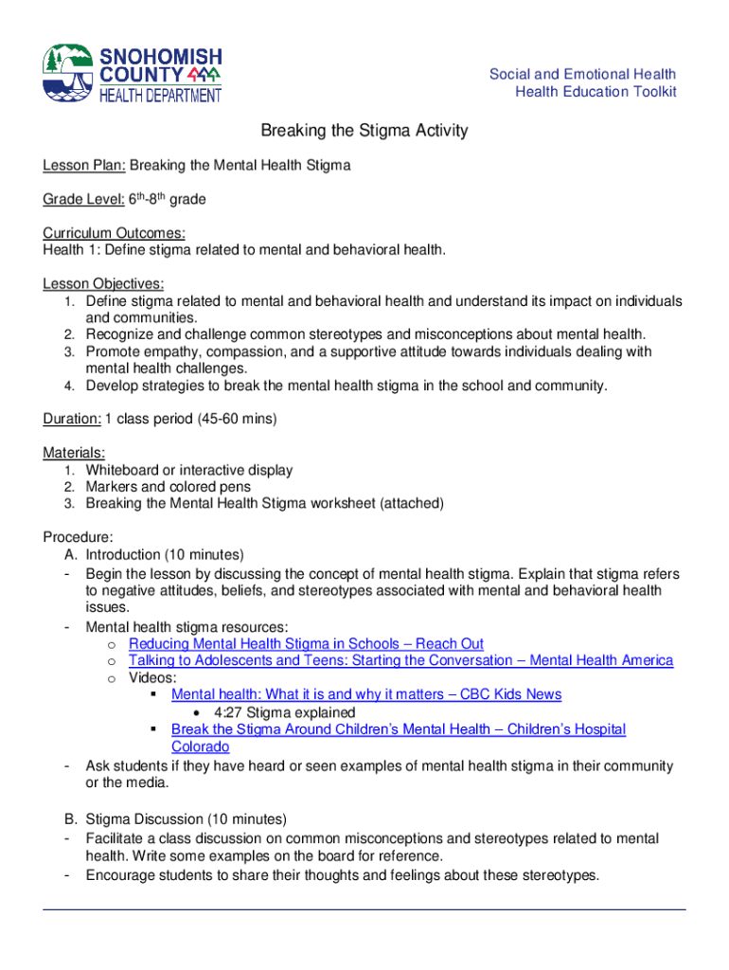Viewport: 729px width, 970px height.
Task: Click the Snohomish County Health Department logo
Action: (x=132, y=73)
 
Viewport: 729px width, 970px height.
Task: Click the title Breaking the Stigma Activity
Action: (x=364, y=131)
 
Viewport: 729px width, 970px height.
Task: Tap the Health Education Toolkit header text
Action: (x=596, y=91)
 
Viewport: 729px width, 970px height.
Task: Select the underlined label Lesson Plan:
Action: (x=84, y=165)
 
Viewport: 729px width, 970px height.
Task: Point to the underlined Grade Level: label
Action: (x=83, y=200)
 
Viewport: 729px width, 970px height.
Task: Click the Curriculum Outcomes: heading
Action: (x=114, y=233)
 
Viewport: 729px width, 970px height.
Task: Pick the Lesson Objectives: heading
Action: (x=103, y=284)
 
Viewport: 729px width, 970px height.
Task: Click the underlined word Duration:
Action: (x=72, y=418)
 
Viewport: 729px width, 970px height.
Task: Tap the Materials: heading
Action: (x=74, y=453)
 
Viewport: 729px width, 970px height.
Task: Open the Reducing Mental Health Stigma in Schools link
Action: (x=306, y=643)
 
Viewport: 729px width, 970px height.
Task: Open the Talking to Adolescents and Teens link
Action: (x=400, y=660)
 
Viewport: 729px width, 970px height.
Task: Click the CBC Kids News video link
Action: (x=365, y=694)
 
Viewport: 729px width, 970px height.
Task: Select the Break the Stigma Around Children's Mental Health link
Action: (x=398, y=729)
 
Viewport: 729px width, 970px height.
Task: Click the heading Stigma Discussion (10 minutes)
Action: (x=186, y=818)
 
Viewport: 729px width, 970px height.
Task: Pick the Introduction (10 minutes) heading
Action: (x=165, y=554)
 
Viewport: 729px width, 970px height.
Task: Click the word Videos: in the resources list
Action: (x=152, y=677)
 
